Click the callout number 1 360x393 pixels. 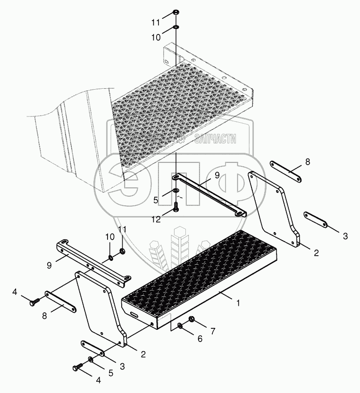[x=238, y=303]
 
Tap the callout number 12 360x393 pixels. [x=156, y=219]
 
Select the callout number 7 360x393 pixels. [x=213, y=331]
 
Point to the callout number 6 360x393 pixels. [x=200, y=339]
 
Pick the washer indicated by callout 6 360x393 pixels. [x=180, y=326]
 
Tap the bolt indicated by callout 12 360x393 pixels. [x=176, y=207]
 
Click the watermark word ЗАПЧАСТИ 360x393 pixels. [x=215, y=139]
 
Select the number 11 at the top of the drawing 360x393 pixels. [x=155, y=23]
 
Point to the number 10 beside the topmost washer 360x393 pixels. [x=156, y=37]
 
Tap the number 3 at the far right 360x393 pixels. [x=345, y=236]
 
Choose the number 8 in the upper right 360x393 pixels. [x=308, y=162]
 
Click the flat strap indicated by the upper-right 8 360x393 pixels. [x=285, y=172]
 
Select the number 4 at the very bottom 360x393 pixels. [x=99, y=380]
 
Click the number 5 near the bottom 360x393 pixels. [x=111, y=373]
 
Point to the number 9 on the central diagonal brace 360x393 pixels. [x=217, y=175]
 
